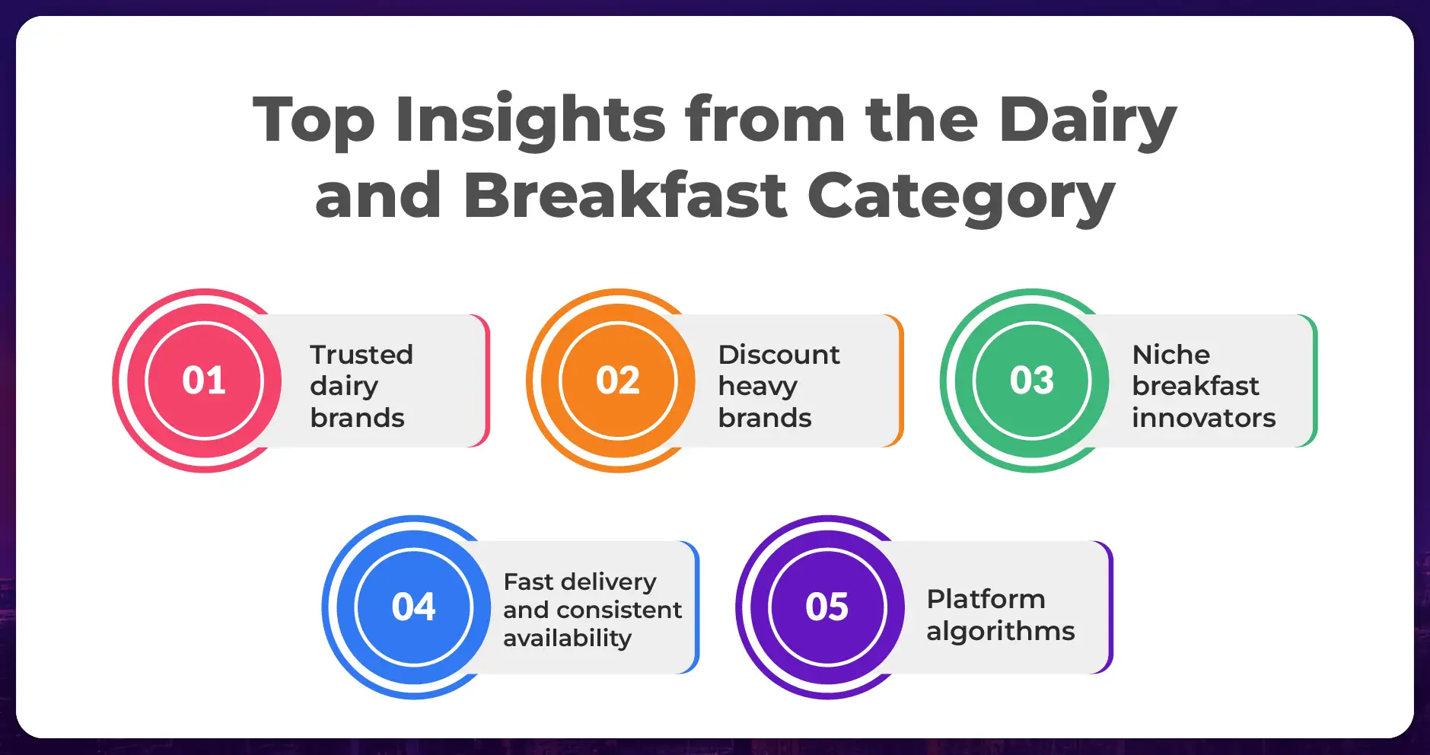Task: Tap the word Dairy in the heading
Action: pos(1088,122)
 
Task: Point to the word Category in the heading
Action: pos(960,197)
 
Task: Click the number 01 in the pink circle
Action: pos(204,381)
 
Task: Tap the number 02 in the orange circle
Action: pos(618,381)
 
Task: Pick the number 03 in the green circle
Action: pos(1032,381)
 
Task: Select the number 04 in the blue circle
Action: pos(413,607)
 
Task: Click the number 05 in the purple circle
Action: pos(827,607)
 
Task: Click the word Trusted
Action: pos(361,355)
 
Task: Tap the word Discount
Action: pos(779,355)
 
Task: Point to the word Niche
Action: pos(1171,355)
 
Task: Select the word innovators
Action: pos(1204,418)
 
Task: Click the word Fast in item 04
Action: pos(528,581)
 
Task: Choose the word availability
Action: pos(568,639)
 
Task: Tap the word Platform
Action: pos(986,599)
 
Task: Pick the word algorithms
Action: pos(1001,632)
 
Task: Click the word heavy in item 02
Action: pos(758,387)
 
